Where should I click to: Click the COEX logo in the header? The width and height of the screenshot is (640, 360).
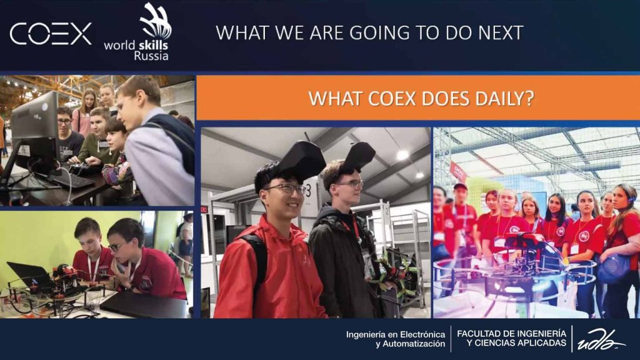(x=51, y=34)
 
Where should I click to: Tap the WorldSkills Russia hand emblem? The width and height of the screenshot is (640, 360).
(x=155, y=21)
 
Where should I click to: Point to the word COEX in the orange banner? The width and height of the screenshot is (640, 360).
(x=392, y=98)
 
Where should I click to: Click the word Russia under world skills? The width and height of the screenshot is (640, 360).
(x=151, y=56)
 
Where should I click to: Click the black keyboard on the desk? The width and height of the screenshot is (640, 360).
(x=74, y=180)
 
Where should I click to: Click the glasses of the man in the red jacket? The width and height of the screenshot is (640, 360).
(x=286, y=189)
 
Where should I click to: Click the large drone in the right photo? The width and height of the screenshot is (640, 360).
(x=514, y=269)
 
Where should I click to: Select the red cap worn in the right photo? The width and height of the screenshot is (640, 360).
(x=460, y=186)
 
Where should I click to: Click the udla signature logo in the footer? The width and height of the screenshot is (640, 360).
(x=600, y=339)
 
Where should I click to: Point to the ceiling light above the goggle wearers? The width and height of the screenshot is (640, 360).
(x=403, y=155)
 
